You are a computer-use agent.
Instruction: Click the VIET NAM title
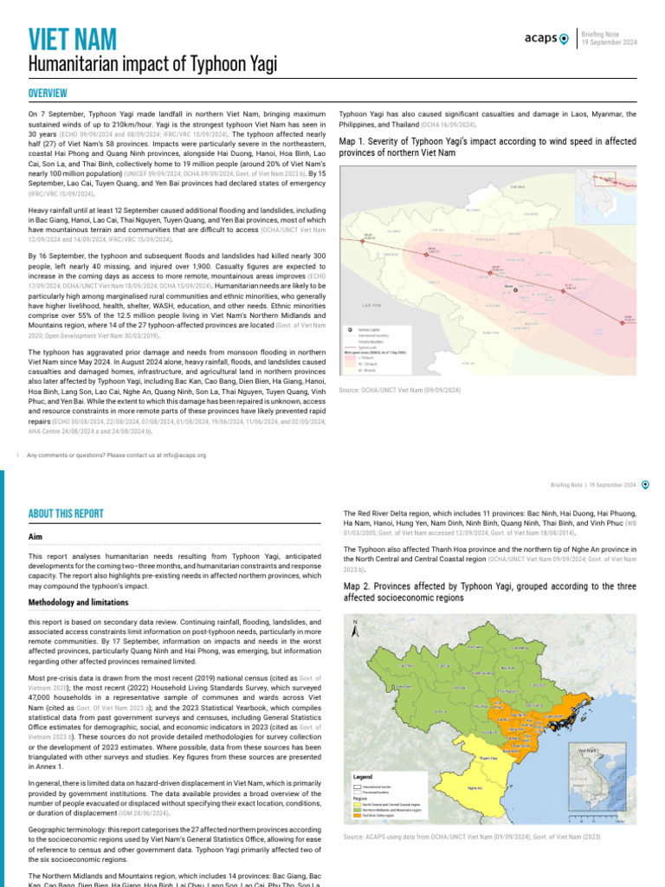pos(73,39)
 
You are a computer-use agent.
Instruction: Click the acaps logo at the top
pos(546,38)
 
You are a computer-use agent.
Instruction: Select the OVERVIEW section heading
pos(48,94)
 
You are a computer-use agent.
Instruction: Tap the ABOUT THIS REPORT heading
pos(66,514)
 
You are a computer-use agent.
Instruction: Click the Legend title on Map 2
pos(364,776)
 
